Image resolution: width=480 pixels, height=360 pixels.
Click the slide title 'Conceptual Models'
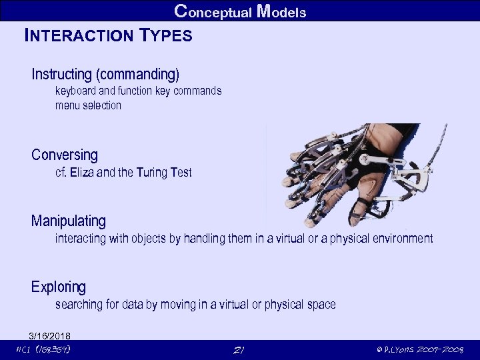pos(240,11)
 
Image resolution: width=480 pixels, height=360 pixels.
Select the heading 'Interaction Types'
pos(108,35)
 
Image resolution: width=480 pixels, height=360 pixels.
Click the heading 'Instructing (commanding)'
pos(105,73)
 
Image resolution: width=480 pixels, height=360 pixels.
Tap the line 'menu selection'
pos(88,105)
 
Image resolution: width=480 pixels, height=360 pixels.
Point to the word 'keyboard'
pos(75,91)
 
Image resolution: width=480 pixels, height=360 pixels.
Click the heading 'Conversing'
pos(64,155)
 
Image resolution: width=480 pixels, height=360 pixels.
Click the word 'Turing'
pos(152,173)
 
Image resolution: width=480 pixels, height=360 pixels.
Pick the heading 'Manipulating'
pos(68,220)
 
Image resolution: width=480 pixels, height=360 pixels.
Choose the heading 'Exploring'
pos(59,287)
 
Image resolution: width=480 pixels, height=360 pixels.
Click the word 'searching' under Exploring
pos(79,305)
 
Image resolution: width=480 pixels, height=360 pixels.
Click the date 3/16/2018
pos(49,335)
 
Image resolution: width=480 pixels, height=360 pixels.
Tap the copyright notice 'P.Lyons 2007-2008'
pos(419,350)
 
